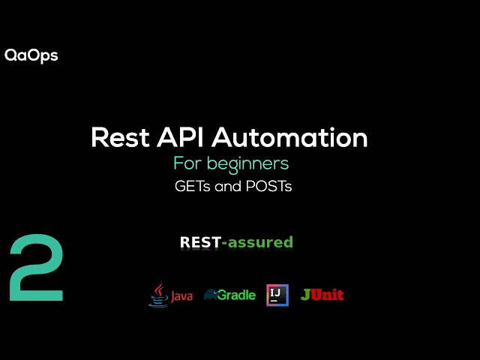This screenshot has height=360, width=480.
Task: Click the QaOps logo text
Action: (31, 55)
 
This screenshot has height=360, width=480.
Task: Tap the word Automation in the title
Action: (290, 138)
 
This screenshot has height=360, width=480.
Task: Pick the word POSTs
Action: (268, 187)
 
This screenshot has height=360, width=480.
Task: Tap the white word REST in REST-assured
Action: (200, 242)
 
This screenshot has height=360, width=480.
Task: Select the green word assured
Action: (260, 242)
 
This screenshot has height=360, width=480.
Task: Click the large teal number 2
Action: (36, 268)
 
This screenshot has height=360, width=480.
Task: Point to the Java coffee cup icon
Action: (158, 294)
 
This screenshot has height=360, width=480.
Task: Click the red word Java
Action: (181, 296)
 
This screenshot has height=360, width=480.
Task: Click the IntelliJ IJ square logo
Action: (277, 295)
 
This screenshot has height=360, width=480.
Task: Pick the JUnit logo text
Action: (322, 295)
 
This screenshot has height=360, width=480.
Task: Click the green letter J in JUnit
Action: (305, 295)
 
